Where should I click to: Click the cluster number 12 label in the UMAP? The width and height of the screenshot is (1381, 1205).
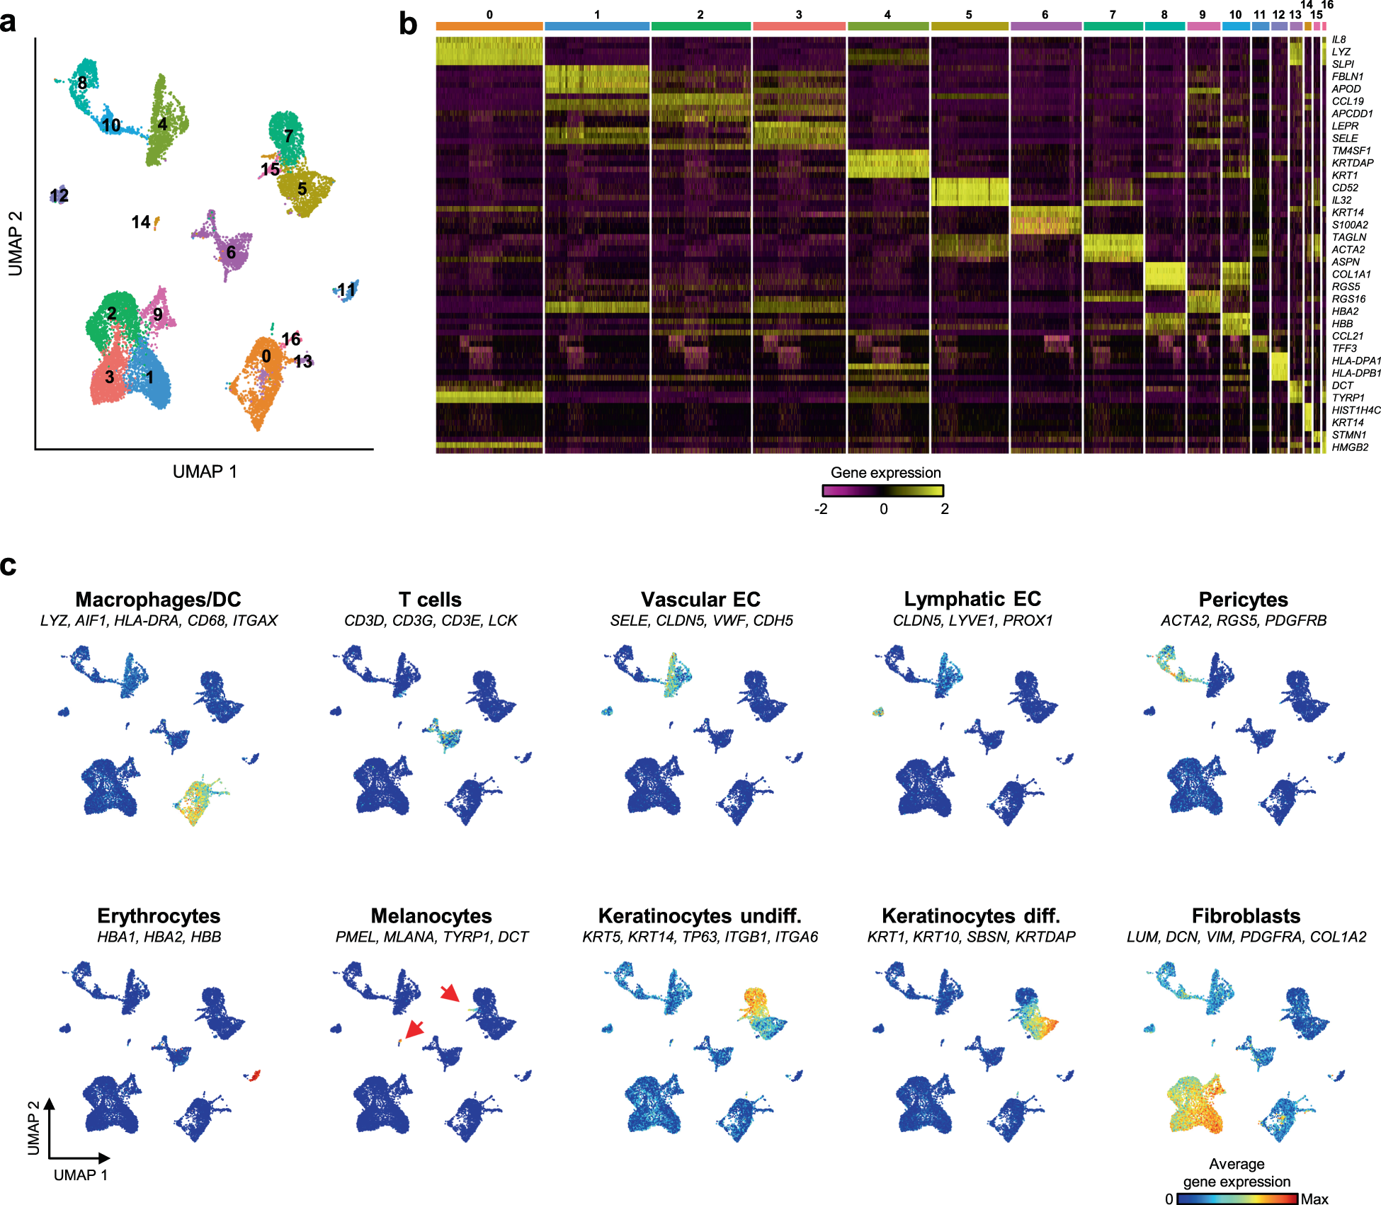[x=59, y=195]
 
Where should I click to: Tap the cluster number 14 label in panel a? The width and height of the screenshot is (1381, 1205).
[x=140, y=222]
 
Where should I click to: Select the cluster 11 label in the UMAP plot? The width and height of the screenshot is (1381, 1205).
[x=346, y=290]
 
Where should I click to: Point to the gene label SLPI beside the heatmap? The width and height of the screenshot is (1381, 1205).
[x=1343, y=64]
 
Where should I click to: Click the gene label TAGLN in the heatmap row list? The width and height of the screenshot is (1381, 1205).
[x=1348, y=237]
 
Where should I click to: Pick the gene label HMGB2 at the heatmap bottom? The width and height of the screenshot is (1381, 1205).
[x=1350, y=447]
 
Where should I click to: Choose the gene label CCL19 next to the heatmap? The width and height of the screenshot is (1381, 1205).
[x=1348, y=101]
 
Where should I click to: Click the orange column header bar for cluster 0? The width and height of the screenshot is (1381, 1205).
[x=489, y=26]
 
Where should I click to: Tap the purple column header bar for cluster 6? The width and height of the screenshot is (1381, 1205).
[x=1045, y=26]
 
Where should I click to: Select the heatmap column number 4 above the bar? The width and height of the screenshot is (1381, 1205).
[x=887, y=14]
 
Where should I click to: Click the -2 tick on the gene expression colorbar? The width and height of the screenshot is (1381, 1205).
[x=821, y=509]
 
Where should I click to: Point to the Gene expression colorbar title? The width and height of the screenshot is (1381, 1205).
[x=885, y=473]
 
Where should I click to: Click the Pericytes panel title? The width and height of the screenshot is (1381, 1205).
[x=1243, y=600]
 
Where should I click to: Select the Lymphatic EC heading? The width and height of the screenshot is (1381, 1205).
[x=972, y=599]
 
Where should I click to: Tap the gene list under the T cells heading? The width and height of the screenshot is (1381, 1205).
[x=431, y=621]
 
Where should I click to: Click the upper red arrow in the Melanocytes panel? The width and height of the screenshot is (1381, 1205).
[x=449, y=993]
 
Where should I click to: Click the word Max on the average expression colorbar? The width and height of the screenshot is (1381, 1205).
[x=1314, y=1199]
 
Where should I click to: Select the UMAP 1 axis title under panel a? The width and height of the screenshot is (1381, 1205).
[x=205, y=472]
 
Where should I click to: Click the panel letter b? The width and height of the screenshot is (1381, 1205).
[x=408, y=24]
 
